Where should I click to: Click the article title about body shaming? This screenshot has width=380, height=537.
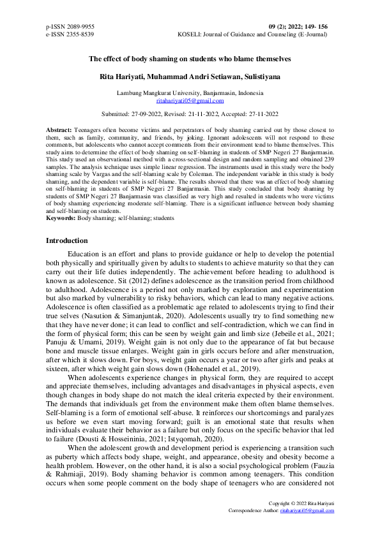click(190, 59)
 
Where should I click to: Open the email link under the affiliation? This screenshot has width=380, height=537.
click(190, 101)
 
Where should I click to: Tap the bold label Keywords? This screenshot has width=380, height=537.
click(61, 218)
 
